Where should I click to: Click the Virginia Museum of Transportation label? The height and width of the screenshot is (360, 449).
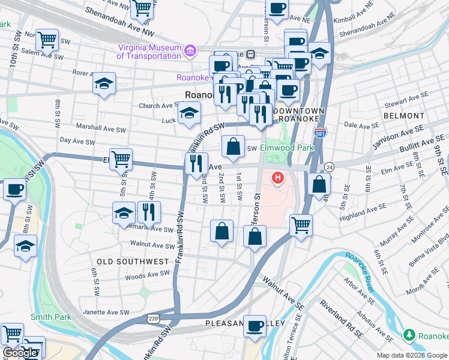pyautogui.click(x=149, y=52)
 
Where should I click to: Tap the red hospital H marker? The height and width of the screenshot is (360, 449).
pyautogui.click(x=278, y=178)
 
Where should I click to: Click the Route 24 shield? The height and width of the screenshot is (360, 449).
pyautogui.click(x=329, y=166)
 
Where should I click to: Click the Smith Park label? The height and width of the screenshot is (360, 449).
pyautogui.click(x=50, y=317)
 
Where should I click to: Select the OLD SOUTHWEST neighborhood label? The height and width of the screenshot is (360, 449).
pyautogui.click(x=133, y=262)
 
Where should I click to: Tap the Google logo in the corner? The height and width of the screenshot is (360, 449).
pyautogui.click(x=19, y=353)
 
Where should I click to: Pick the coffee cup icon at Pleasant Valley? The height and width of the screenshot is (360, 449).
pyautogui.click(x=255, y=326)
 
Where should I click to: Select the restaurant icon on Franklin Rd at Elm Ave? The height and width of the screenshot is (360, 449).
pyautogui.click(x=196, y=163)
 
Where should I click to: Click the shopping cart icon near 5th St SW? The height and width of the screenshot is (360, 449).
pyautogui.click(x=121, y=159)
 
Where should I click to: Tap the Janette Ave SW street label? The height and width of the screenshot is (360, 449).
pyautogui.click(x=103, y=313)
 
